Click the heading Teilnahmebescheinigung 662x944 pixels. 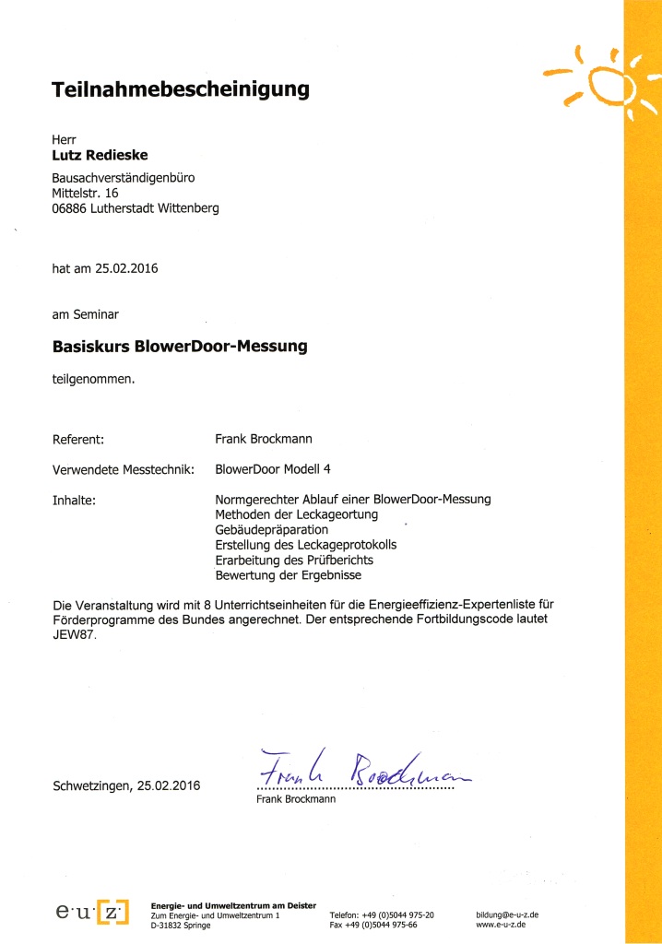click(180, 90)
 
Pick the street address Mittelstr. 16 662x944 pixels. click(86, 193)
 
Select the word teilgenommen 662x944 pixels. click(93, 377)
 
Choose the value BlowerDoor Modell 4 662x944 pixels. click(272, 469)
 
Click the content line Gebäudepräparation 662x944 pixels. click(271, 530)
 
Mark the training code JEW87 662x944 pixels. click(73, 634)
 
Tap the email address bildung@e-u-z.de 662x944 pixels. click(507, 914)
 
